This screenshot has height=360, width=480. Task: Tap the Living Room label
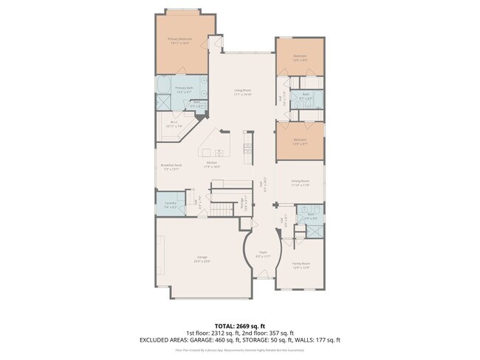(243, 91)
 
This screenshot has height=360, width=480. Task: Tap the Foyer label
(262, 254)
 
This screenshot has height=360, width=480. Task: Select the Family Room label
(301, 263)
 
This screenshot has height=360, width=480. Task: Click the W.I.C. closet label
(175, 123)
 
